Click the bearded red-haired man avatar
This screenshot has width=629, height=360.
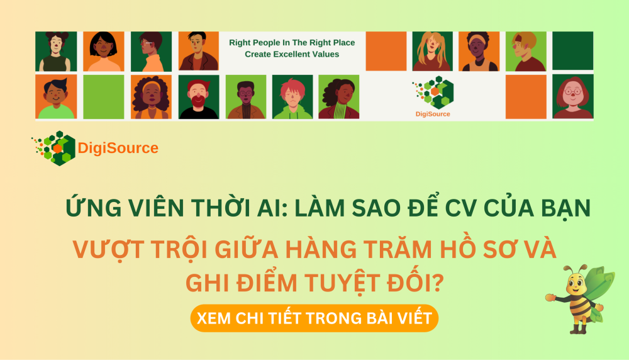click(x=199, y=97)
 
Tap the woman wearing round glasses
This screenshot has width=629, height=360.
click(x=572, y=97)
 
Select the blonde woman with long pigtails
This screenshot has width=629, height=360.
click(x=431, y=52)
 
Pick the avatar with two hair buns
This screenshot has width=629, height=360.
click(x=55, y=52)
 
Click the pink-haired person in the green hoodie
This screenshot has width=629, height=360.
click(x=292, y=97)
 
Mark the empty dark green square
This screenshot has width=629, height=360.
click(x=572, y=50)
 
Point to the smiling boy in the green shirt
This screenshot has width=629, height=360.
click(x=55, y=97)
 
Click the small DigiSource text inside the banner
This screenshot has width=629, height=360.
click(x=433, y=114)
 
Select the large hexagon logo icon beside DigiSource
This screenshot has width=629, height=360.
click(x=54, y=149)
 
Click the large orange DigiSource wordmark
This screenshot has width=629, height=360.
click(x=118, y=149)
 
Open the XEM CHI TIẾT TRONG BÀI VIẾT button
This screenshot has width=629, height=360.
click(x=314, y=318)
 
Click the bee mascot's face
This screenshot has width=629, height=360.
click(x=573, y=284)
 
